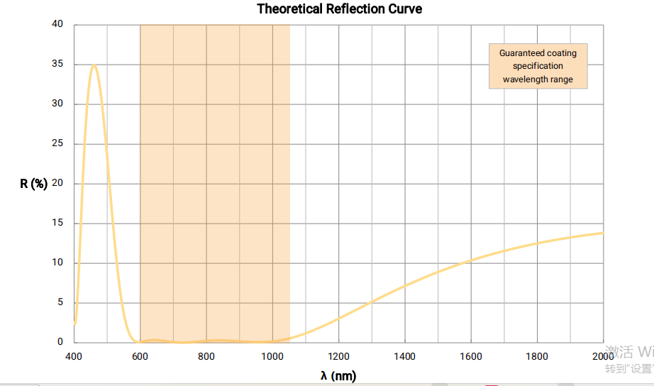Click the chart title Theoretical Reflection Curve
339,9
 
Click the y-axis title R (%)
34,184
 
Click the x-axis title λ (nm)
338,375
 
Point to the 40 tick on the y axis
57,25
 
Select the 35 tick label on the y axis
57,65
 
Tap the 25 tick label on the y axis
57,144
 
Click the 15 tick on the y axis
57,224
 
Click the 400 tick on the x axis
74,356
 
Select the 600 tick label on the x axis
140,356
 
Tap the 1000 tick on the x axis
272,356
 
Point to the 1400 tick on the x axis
405,356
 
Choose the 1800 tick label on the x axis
537,356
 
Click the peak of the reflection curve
94,65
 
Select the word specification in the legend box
538,66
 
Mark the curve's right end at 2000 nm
602,233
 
